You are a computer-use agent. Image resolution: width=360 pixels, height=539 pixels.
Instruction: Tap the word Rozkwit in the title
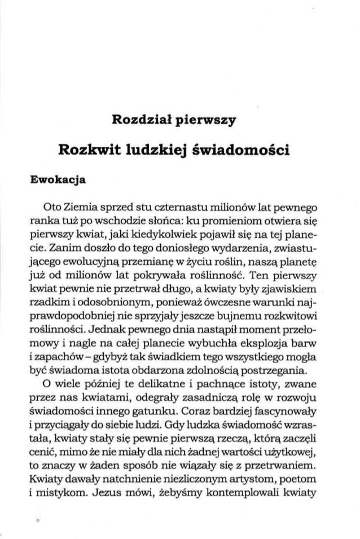tap(91, 151)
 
